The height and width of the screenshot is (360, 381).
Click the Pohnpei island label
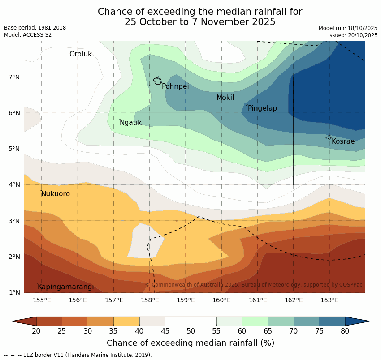[175, 86]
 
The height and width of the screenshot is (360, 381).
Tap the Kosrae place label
[343, 141]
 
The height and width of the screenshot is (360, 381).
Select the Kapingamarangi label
[66, 287]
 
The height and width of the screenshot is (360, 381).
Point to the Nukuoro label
[56, 194]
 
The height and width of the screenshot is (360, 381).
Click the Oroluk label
[80, 54]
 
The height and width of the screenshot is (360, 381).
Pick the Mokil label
[225, 98]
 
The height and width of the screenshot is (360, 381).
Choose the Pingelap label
[262, 108]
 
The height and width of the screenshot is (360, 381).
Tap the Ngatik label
[130, 123]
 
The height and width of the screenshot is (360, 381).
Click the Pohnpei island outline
[157, 81]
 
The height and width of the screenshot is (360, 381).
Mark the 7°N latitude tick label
[14, 77]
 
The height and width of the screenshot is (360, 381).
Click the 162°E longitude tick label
[294, 300]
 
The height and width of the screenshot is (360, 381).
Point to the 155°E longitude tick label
[42, 300]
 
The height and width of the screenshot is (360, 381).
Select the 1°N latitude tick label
[14, 292]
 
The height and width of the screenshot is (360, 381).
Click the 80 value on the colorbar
[345, 331]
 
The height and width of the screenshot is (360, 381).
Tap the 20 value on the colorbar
[36, 331]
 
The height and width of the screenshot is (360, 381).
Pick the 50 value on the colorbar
[190, 331]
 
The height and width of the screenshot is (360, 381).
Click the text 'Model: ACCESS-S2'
[28, 35]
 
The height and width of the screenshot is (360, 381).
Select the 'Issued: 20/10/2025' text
[353, 35]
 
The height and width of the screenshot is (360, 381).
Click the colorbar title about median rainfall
[190, 343]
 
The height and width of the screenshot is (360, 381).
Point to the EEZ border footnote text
[78, 355]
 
